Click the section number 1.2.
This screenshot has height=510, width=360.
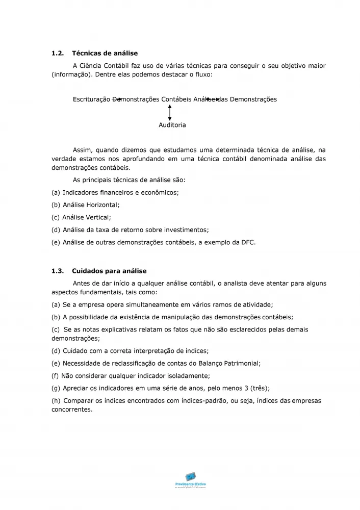tap(58, 53)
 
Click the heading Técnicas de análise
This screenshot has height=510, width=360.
tap(105, 53)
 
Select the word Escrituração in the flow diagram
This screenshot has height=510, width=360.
tap(92, 99)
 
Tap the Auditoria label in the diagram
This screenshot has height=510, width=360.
tap(172, 125)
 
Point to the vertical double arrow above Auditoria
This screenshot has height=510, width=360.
tap(170, 112)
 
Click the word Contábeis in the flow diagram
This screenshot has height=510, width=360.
tap(176, 99)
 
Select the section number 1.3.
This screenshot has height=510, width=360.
tap(58, 271)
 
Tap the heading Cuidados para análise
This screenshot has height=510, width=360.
tap(109, 271)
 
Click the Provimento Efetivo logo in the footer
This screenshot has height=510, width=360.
tap(190, 480)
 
